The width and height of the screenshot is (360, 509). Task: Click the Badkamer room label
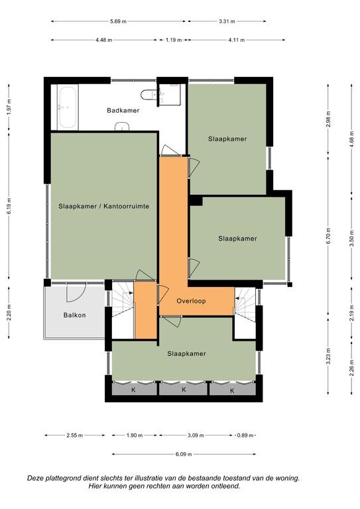click(123, 111)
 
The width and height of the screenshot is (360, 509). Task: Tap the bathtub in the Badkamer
click(68, 107)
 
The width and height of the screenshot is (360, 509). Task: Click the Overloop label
click(191, 301)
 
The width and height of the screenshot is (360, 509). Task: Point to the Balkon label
click(75, 315)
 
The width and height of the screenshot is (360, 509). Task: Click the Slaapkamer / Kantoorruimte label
click(104, 206)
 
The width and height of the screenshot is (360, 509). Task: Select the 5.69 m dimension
click(118, 21)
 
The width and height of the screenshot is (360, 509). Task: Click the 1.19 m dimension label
click(174, 40)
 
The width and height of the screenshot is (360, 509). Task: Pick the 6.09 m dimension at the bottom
click(184, 454)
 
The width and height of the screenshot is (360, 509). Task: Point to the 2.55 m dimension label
click(75, 435)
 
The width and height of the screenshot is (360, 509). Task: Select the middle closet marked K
click(184, 389)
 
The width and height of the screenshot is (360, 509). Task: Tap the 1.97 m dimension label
click(9, 107)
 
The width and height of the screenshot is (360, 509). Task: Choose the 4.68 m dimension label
click(351, 139)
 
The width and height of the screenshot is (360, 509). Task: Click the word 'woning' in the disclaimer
click(288, 478)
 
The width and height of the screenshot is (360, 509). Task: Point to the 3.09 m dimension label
click(196, 435)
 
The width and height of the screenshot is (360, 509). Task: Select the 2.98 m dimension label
click(328, 119)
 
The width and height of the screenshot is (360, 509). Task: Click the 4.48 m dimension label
click(104, 40)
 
